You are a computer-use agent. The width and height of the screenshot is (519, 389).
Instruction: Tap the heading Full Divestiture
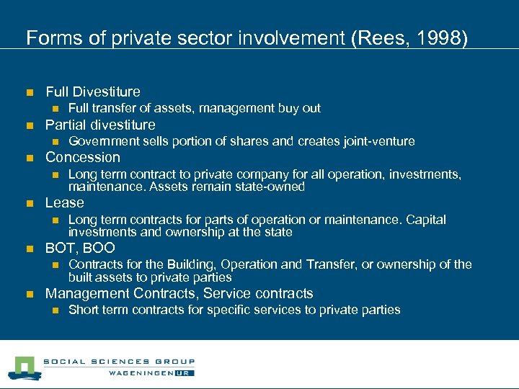[93, 91]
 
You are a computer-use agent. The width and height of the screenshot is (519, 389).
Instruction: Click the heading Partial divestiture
[100, 125]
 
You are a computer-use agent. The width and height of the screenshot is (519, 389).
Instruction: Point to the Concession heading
[83, 157]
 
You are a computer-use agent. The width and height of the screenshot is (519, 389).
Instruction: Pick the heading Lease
[65, 202]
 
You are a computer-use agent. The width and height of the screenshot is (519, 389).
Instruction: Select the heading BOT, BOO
[80, 249]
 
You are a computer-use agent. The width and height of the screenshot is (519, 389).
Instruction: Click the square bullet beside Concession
[29, 158]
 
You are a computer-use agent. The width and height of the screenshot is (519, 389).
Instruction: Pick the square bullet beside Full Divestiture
[29, 92]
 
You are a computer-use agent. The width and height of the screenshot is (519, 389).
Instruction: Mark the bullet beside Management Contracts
[29, 294]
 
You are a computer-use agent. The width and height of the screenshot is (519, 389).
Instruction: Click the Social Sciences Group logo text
[119, 362]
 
